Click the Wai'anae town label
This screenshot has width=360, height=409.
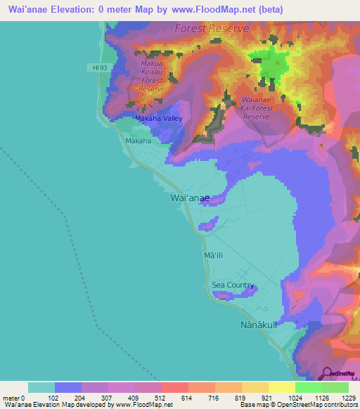pos(190,199)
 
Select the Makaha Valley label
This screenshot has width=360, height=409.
pos(159,119)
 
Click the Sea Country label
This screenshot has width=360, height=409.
pos(233,285)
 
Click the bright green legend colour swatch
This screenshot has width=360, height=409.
pos(308,387)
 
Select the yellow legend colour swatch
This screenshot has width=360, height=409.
pos(281,387)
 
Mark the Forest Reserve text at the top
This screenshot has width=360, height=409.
pos(212,29)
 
